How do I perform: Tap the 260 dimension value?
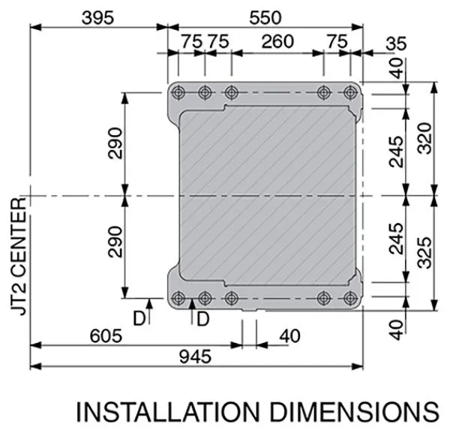coord(277,43)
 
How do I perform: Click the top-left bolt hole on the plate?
coord(178,93)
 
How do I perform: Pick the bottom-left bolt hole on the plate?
coord(178,297)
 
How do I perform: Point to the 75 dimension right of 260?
coord(337,43)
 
